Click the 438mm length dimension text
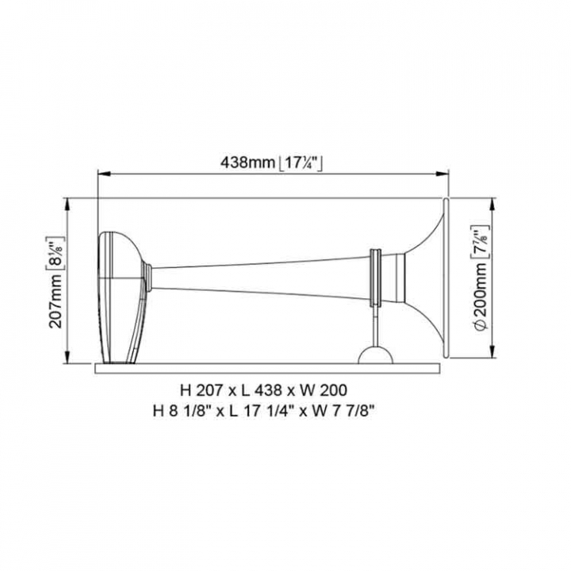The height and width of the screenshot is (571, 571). [247, 162]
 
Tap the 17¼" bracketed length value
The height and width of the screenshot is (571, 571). [300, 163]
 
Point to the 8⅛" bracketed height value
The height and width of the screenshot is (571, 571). [56, 253]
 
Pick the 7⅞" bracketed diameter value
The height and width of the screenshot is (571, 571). [481, 242]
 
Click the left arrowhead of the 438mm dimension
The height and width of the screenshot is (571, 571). [105, 174]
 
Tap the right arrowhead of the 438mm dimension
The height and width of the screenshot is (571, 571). [442, 174]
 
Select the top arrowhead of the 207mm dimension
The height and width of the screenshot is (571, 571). [67, 205]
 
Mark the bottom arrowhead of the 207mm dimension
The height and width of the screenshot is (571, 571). [67, 357]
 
